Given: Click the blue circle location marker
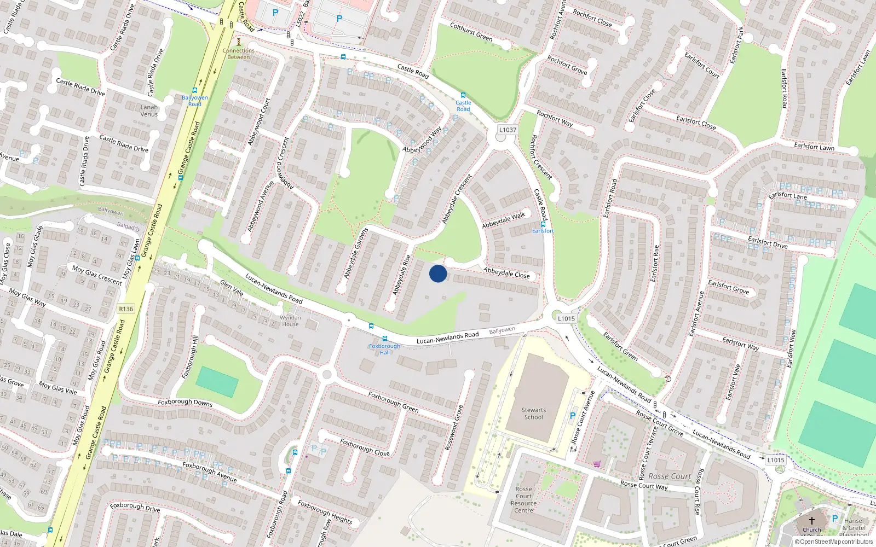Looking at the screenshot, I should pos(438,273).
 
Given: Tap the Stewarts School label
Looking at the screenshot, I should pos(533,414).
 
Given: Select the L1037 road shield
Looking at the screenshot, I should pos(508,130).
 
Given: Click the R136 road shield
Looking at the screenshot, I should pos(126,309).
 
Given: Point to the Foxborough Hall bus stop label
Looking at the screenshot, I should pos(384,349).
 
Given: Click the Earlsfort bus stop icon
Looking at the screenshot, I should pos(543,224).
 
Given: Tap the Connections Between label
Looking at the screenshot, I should pos(239,54).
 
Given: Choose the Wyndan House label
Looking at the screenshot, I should pos(290,321).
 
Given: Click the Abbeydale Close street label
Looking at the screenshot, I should pos(506,272).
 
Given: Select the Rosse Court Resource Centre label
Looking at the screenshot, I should pos(523,500).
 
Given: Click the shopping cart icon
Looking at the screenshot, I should pos(597,464).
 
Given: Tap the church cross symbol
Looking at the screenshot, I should pos(811,520).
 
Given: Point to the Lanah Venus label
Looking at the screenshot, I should pos(149,110).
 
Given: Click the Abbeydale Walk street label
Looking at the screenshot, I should pos(503,220).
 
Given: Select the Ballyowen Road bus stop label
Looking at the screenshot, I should pos(194,101).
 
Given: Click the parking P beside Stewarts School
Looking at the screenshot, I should pos(573,416).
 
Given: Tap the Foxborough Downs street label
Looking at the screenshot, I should pos(185,402).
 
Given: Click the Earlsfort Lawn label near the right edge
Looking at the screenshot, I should pos(814,147).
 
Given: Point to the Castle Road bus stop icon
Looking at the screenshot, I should pos(463,95).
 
